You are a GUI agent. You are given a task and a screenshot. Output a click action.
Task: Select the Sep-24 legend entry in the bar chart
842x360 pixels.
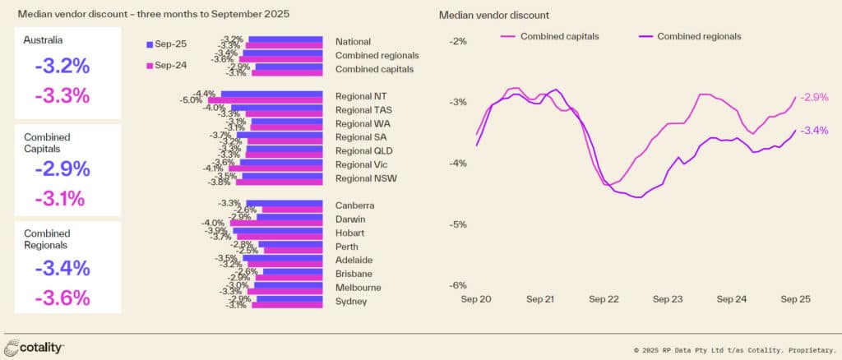(168, 65)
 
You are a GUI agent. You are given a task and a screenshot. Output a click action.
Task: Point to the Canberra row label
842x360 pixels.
(355, 205)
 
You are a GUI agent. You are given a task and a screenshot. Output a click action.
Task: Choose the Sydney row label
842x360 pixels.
(351, 302)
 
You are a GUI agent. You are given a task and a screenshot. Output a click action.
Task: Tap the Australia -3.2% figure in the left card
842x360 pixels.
(62, 67)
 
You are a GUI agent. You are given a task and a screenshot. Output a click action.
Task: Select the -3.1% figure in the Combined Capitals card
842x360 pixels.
(62, 197)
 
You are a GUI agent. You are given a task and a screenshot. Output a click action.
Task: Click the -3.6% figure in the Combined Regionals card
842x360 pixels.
(62, 298)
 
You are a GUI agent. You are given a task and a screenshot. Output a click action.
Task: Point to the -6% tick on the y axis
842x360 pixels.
(457, 286)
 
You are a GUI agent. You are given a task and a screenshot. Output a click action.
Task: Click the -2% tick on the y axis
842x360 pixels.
(457, 41)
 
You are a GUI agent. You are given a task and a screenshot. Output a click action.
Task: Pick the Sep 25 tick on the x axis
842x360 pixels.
(795, 300)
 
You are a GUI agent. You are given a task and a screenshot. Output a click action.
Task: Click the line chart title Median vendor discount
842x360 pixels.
(494, 15)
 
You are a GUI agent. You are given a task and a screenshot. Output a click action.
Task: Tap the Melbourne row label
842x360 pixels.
(359, 288)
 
